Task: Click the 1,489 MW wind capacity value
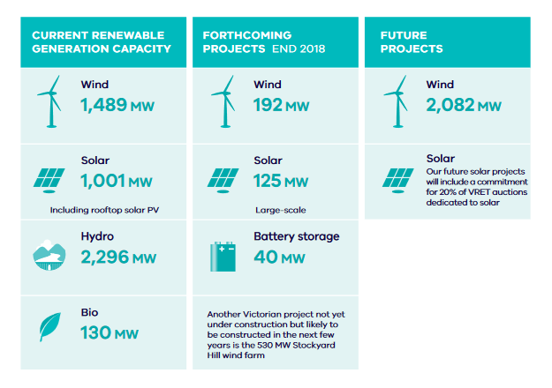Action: pos(117,105)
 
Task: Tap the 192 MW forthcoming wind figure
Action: pos(281,105)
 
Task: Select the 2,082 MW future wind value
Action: pos(464,105)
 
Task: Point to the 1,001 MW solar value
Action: pos(117,181)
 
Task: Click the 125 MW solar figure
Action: pos(281,181)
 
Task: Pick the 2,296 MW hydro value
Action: pos(118,257)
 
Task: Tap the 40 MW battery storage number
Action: pos(279,257)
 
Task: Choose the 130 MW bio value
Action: pos(110,332)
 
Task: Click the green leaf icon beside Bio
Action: pos(49,327)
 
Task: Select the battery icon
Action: pos(223,257)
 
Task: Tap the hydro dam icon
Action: pos(49,255)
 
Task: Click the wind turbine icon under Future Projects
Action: pos(396,101)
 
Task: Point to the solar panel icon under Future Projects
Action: pos(398,181)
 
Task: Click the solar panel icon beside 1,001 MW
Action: pos(49,181)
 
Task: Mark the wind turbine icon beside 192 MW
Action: pos(223,101)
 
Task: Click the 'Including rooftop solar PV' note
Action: pos(104,210)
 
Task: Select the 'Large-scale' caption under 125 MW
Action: pos(281,210)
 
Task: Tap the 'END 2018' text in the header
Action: pos(299,48)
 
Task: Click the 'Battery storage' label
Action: pos(297,236)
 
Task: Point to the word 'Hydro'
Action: pos(97,236)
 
